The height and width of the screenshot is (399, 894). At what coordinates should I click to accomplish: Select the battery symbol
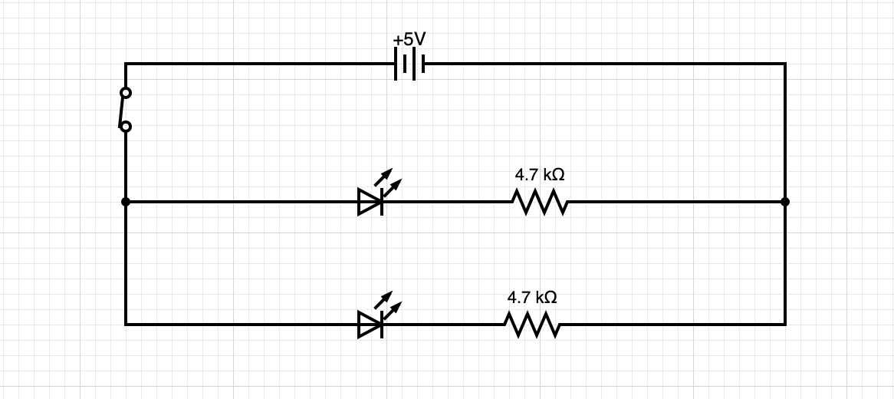pos(409,64)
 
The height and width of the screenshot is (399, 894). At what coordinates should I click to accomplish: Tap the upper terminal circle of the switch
pos(126,93)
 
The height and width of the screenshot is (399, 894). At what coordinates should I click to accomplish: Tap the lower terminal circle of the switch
pos(126,127)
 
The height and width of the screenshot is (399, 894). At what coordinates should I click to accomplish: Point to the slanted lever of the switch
pos(123,110)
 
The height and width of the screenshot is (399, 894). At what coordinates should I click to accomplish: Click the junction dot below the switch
pos(126,202)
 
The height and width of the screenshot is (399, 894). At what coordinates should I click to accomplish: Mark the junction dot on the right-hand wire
pos(785,202)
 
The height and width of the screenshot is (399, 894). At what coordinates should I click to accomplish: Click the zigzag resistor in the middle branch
pos(540,203)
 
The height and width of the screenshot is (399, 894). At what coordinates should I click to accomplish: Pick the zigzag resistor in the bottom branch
pos(532,325)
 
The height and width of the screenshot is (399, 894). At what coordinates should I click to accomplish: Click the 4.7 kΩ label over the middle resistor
pos(540,175)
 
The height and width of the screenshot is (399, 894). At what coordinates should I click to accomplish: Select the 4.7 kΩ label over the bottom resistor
pos(532,297)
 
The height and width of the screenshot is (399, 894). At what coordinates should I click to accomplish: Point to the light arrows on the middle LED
pos(388,180)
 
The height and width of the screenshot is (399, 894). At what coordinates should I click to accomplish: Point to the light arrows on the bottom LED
pos(388,304)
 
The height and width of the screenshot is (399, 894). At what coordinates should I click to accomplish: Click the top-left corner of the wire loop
pos(126,64)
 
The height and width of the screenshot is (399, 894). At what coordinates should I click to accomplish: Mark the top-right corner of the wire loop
pos(785,64)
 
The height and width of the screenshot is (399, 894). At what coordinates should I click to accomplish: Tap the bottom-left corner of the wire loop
pos(126,325)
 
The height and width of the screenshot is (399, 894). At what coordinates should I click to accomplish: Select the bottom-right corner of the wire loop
pos(785,325)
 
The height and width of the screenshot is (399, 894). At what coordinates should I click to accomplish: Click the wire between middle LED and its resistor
pos(449,202)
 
